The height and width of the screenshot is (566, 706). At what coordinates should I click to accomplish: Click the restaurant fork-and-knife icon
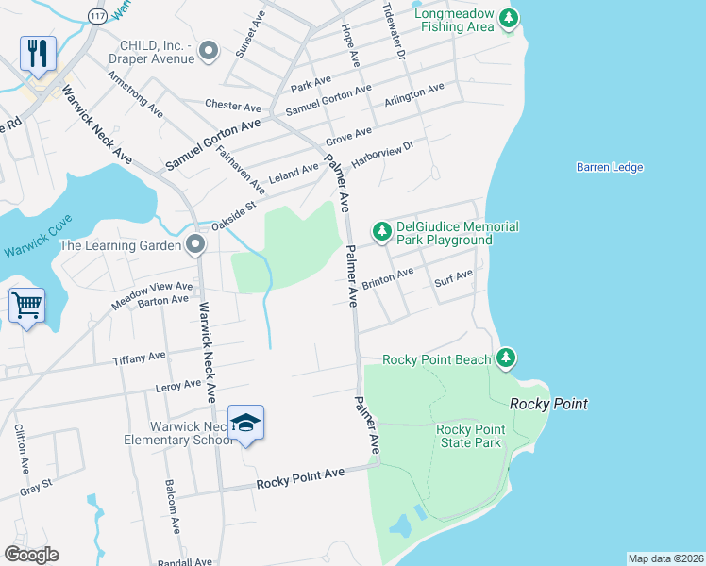pos(38,53)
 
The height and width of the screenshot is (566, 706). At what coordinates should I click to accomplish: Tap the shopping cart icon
pos(26,305)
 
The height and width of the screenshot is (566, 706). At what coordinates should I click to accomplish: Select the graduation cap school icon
pos(245,424)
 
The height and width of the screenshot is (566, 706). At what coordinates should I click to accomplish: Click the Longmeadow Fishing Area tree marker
pos(510,18)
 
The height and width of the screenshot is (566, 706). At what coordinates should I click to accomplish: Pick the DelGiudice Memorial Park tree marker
pos(381,231)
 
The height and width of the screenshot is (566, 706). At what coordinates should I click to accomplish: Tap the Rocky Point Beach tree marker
pos(507,358)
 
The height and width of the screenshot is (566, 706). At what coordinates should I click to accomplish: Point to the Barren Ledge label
pos(609,167)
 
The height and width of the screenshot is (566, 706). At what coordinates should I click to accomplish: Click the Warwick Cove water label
pos(37,250)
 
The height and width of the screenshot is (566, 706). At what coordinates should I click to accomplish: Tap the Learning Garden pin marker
pos(195,245)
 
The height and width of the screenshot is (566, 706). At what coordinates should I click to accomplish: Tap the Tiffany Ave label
pos(139,358)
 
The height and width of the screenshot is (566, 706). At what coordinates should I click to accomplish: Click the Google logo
pos(31,555)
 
